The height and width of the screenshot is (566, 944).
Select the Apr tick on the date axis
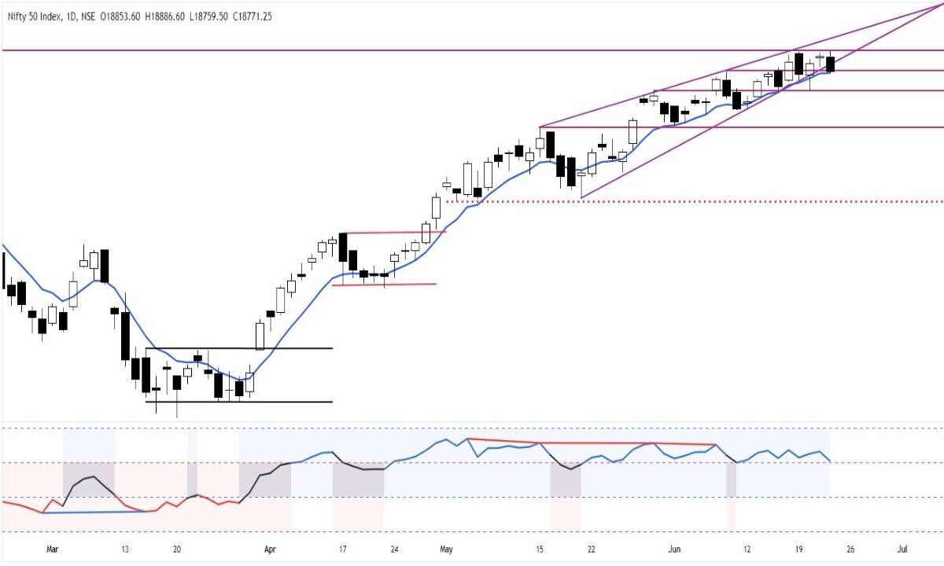271,549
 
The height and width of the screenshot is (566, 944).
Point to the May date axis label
448,549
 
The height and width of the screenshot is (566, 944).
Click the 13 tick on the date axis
126,549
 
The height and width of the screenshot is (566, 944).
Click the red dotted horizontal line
708,201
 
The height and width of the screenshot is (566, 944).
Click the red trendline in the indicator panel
590,443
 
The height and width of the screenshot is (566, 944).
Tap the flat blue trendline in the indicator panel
94,513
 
